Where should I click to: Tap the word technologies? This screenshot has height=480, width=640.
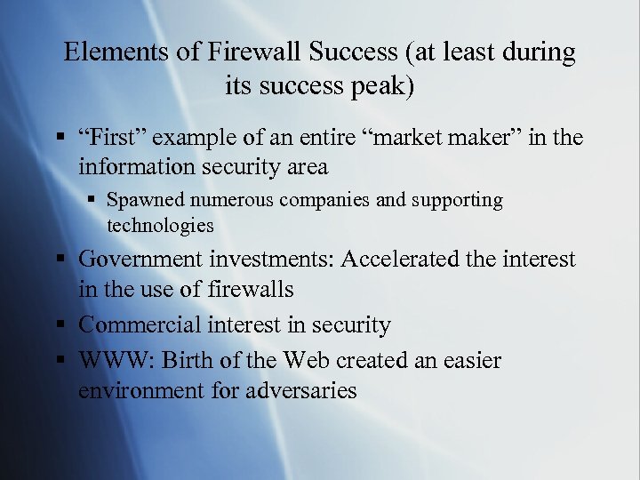(161, 225)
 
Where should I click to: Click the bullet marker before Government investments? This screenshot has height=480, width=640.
(61, 260)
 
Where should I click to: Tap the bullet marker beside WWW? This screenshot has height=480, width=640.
(61, 361)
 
